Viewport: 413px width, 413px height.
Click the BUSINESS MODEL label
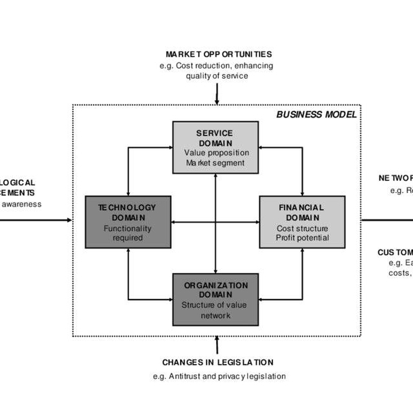coord(316,113)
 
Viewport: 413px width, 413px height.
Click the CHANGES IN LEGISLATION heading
coord(218,363)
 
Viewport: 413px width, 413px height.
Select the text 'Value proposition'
coord(215,153)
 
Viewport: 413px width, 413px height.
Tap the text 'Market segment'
coord(215,163)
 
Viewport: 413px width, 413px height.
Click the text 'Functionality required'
coord(128,233)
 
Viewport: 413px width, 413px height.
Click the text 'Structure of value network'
coord(215,310)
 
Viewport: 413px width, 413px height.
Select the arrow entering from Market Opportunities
coord(217,94)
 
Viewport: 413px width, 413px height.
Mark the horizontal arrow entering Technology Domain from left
coord(41,220)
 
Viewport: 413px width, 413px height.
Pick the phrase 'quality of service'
coord(217,75)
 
